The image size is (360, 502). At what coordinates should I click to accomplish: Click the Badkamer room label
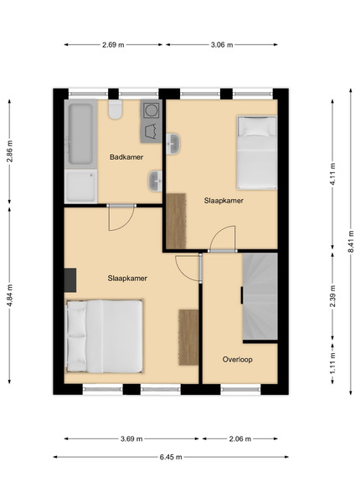126,157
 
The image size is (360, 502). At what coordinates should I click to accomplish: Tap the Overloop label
237,359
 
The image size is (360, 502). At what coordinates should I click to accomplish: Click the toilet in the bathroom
115,110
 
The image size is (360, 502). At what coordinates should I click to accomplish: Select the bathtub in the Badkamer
80,134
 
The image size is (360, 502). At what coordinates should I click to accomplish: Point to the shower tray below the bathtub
80,186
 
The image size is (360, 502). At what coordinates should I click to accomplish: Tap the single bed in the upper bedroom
257,153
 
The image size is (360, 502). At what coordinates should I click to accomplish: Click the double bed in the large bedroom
104,336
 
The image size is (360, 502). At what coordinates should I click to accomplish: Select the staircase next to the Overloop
260,296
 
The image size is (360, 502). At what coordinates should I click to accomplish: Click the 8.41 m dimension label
351,242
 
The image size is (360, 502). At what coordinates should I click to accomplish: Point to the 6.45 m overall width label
171,457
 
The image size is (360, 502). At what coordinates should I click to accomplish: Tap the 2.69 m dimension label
113,45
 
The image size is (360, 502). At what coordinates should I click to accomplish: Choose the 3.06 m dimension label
222,45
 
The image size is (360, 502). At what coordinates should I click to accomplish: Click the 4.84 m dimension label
9,295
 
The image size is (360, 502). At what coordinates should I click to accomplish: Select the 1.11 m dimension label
333,363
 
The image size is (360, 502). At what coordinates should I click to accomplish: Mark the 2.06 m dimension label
240,438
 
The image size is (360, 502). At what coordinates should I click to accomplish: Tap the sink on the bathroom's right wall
155,182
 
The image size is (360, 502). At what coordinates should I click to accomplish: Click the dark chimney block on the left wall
70,280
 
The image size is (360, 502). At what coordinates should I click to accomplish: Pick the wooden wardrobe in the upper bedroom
176,221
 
